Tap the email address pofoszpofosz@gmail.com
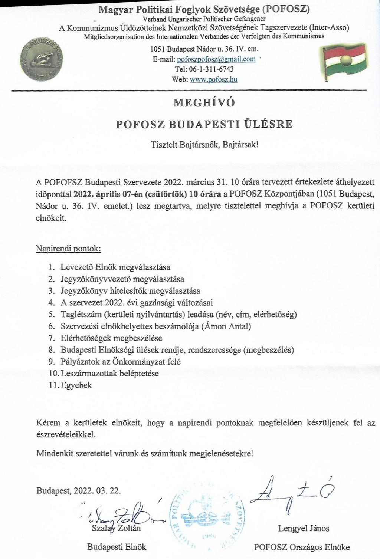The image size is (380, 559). [216, 59]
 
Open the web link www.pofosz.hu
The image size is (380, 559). [213, 79]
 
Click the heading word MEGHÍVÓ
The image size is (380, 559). [204, 103]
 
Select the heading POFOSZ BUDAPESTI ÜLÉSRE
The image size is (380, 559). [204, 124]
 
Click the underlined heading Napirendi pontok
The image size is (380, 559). [68, 249]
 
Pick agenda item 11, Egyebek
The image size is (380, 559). [76, 385]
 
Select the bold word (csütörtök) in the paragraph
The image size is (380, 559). [166, 194]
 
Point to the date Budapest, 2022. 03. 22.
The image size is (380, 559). [79, 490]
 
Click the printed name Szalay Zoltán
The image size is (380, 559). [116, 528]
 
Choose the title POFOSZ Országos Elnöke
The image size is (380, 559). [302, 547]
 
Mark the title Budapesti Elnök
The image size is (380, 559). [117, 547]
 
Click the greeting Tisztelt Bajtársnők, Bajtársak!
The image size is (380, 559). [204, 145]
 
